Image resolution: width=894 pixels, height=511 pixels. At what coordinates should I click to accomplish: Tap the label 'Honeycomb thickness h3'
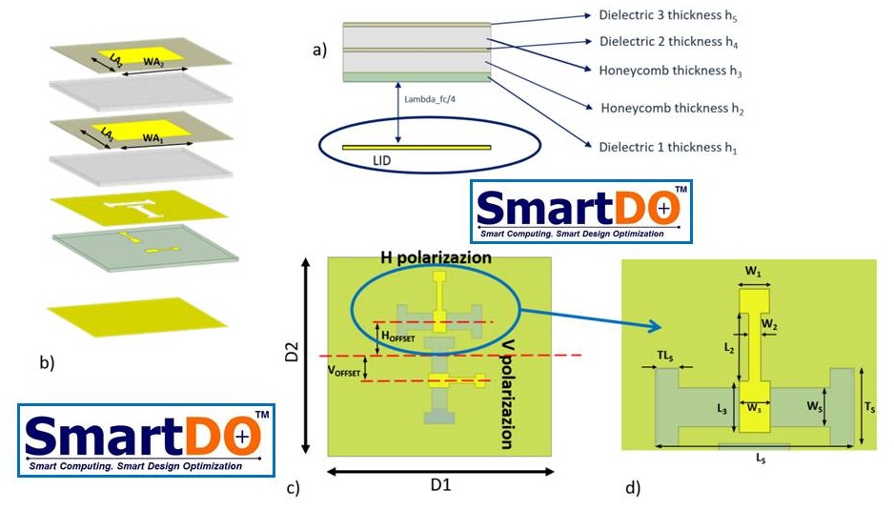click(671, 71)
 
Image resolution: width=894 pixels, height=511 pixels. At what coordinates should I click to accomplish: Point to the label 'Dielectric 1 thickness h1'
click(668, 148)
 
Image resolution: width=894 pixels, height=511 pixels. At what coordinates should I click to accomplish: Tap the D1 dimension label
click(439, 485)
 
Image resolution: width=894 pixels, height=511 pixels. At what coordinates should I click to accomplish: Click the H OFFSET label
click(398, 336)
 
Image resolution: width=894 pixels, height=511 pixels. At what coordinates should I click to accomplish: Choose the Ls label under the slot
click(760, 459)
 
